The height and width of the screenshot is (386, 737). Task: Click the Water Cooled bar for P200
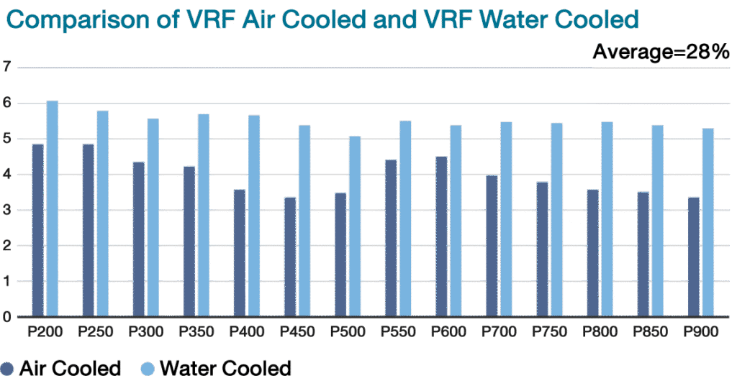[x=53, y=208]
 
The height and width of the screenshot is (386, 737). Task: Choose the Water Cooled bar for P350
[x=204, y=216]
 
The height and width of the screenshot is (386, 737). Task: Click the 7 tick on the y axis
[x=6, y=68]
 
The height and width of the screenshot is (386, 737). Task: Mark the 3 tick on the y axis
[x=6, y=211]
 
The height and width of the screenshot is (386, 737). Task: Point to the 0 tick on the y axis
[x=6, y=317]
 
